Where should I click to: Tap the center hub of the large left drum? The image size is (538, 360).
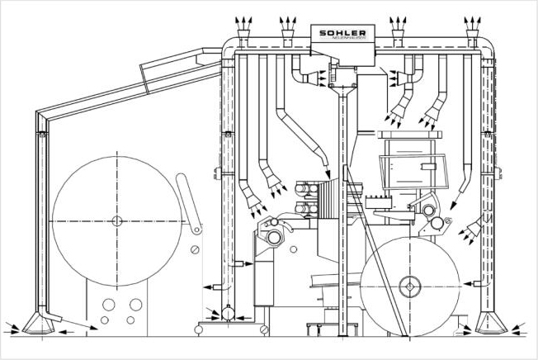click(116, 220)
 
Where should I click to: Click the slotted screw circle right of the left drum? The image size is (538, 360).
click(192, 250)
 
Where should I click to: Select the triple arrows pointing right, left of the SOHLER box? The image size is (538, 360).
click(312, 78)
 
